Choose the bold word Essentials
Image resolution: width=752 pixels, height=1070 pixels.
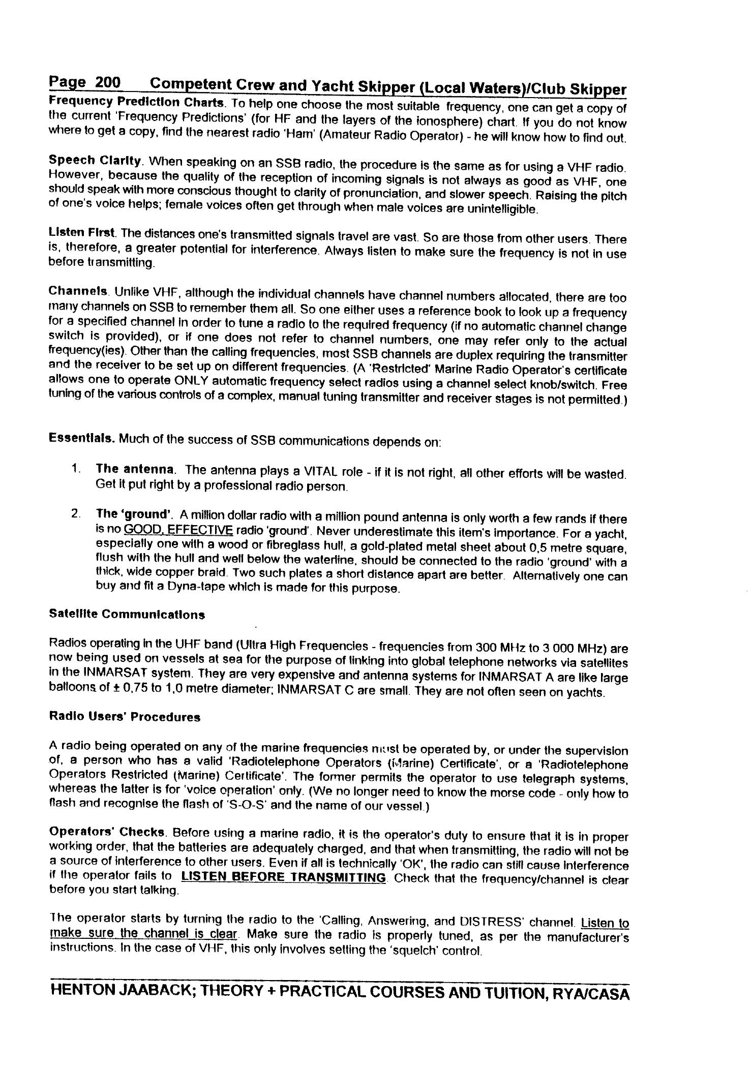click(82, 438)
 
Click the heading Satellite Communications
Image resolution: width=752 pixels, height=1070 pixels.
click(127, 614)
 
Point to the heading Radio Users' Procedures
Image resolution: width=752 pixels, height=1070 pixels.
click(125, 717)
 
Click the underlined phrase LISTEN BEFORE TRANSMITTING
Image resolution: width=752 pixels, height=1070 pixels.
click(284, 877)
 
